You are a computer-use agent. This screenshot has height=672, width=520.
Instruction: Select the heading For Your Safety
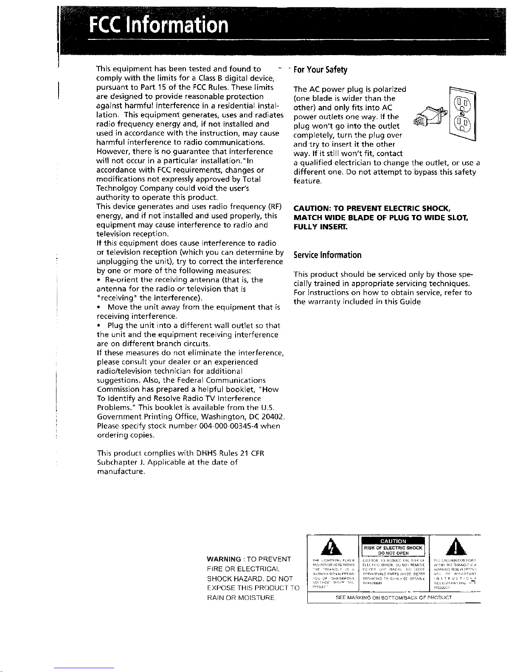320,70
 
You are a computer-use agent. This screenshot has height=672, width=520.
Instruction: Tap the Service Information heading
327,255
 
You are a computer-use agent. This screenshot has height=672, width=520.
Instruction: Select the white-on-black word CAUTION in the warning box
393,541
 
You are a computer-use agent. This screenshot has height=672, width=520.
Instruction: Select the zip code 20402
273,417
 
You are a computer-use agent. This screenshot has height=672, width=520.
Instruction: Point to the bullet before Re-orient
98,280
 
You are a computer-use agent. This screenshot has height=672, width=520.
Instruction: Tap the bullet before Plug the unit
98,326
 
